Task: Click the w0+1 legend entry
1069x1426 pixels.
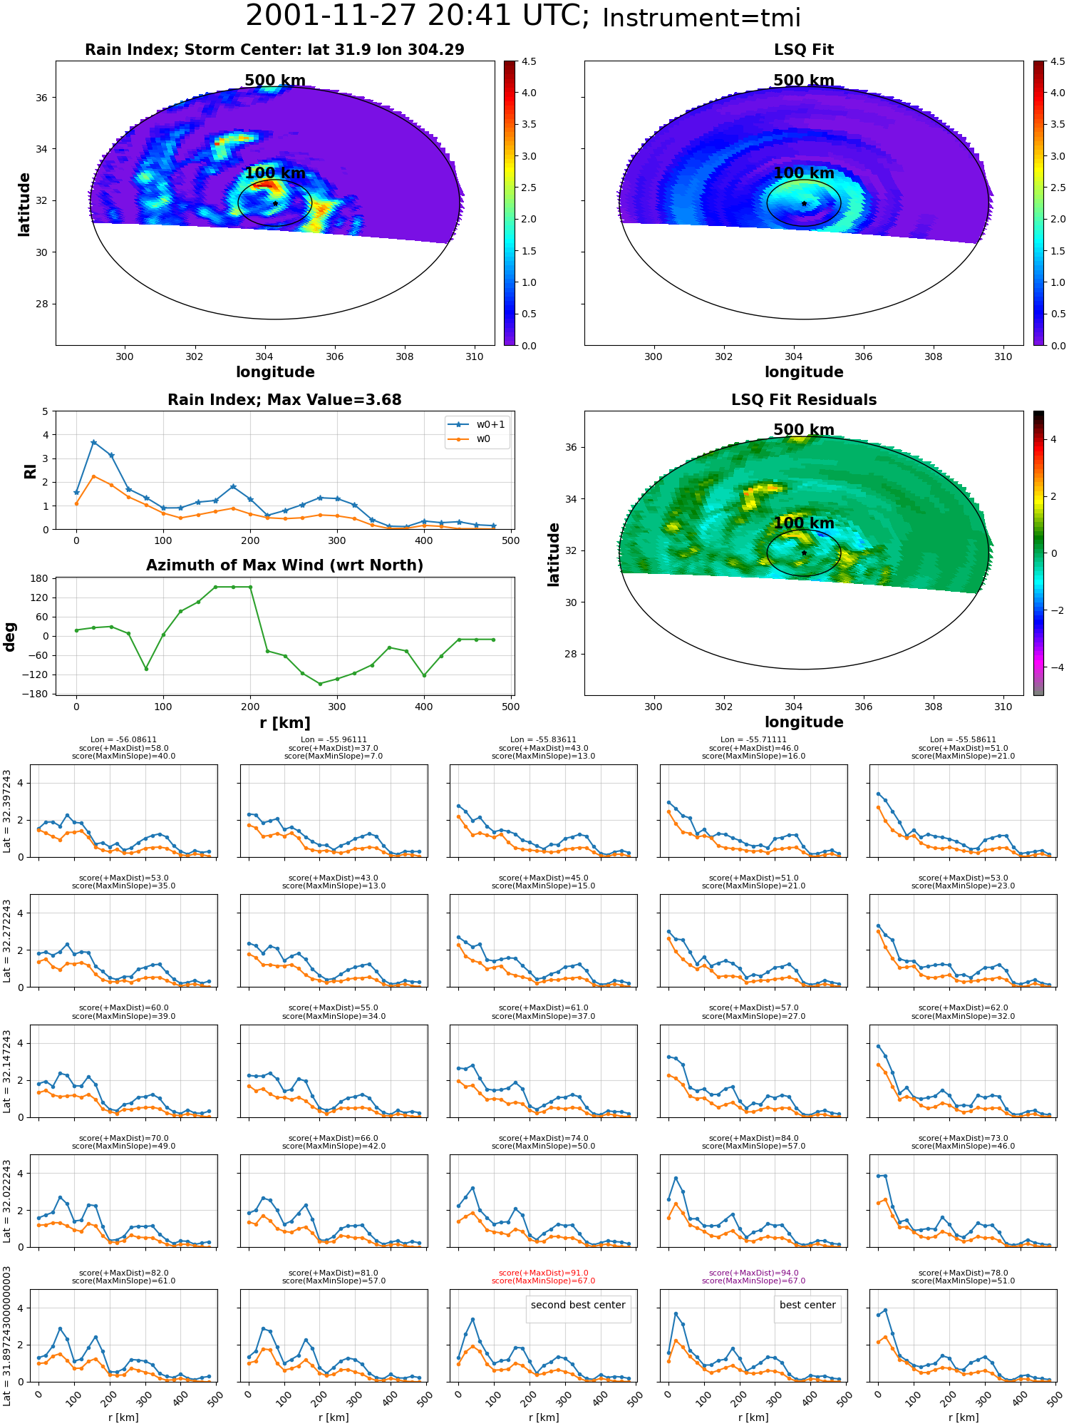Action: [x=477, y=424]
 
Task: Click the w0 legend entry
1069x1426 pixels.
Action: [x=470, y=438]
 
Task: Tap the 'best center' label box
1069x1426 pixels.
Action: [x=807, y=1305]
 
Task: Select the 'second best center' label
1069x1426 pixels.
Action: [x=578, y=1305]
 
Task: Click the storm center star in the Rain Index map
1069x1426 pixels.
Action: [x=275, y=203]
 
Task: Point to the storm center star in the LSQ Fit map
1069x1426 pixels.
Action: [x=804, y=203]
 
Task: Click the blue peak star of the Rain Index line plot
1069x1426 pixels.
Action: [x=93, y=442]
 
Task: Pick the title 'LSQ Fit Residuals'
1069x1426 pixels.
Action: [x=804, y=400]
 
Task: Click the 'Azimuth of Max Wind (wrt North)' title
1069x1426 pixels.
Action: [x=284, y=565]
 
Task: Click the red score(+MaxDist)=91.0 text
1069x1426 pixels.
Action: [x=544, y=1273]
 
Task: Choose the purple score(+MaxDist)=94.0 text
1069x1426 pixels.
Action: [x=753, y=1273]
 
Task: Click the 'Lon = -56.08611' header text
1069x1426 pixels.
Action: [x=123, y=740]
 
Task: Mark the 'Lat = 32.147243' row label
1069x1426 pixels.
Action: [x=7, y=1071]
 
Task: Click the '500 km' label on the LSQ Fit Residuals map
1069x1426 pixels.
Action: [x=804, y=430]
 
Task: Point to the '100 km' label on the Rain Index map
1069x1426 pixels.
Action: [x=275, y=173]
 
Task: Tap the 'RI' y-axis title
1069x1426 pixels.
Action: [x=30, y=471]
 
